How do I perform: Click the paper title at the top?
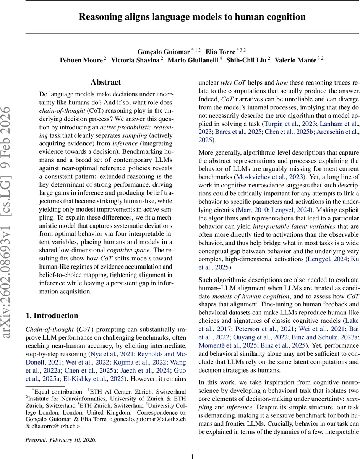(192, 17)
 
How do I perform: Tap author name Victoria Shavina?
(135, 60)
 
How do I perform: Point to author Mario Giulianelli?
(193, 60)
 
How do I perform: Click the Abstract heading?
(105, 82)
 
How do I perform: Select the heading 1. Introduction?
(52, 316)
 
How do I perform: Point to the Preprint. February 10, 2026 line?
(61, 429)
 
